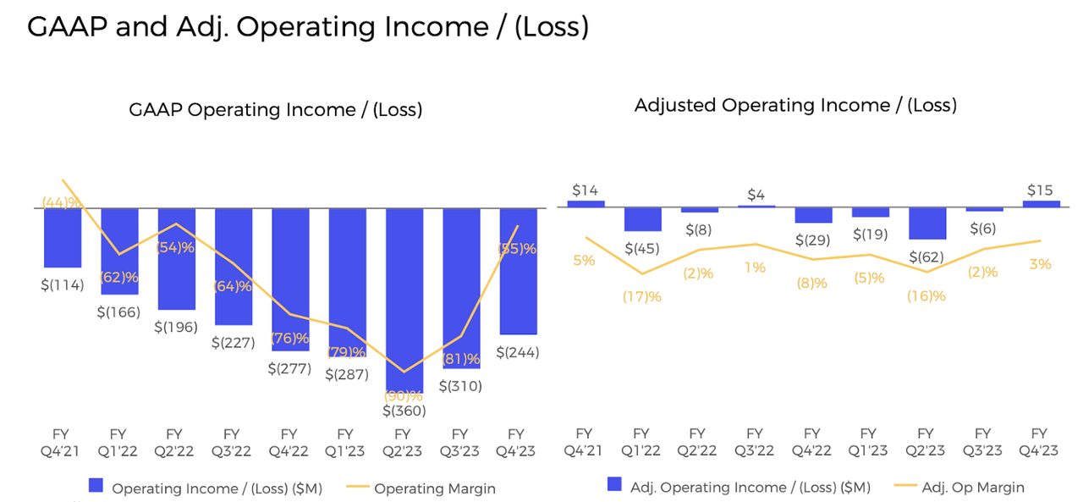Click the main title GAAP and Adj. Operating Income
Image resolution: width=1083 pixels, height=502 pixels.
(307, 26)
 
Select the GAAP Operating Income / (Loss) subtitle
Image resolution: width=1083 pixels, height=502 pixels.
(275, 110)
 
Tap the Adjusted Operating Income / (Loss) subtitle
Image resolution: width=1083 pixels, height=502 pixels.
(795, 106)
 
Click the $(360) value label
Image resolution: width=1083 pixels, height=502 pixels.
(404, 411)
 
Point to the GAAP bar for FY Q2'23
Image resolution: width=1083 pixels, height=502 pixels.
(404, 296)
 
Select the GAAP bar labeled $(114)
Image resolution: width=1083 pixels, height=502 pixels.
(63, 238)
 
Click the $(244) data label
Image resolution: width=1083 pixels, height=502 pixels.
(517, 352)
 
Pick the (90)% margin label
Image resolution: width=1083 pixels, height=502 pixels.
(404, 395)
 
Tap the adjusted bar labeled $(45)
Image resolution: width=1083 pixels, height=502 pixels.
(642, 219)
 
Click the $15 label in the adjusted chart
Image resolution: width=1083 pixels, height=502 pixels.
(1041, 190)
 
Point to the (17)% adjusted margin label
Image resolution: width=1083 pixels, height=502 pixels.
(642, 296)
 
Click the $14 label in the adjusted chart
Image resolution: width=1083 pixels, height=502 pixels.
(585, 190)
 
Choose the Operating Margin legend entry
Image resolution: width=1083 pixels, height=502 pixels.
(434, 488)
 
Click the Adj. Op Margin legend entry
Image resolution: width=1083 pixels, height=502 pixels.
(971, 488)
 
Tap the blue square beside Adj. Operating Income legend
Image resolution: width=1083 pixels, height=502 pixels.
(614, 486)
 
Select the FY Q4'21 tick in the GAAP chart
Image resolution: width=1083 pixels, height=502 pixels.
(63, 443)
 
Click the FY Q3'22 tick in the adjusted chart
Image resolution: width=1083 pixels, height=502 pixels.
(756, 443)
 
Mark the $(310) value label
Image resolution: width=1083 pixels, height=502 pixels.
(460, 386)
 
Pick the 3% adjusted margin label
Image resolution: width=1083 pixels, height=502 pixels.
(1041, 265)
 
